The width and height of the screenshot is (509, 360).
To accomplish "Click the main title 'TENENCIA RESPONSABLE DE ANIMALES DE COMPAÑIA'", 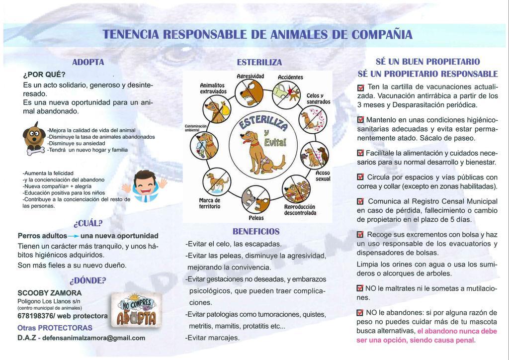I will pyautogui.click(x=257, y=35).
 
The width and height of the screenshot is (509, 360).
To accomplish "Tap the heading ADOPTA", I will pyautogui.click(x=88, y=63).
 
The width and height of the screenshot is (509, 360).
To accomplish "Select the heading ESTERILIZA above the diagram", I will pyautogui.click(x=259, y=63).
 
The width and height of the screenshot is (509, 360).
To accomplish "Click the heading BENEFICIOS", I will pyautogui.click(x=256, y=232).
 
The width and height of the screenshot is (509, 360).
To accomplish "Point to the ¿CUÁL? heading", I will pyautogui.click(x=87, y=223).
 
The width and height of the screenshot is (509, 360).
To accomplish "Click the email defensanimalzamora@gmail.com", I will pyautogui.click(x=94, y=338).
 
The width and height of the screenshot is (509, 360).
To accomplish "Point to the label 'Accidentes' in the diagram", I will pyautogui.click(x=290, y=78).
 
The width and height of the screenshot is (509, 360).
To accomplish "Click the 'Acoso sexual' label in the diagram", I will pyautogui.click(x=323, y=176).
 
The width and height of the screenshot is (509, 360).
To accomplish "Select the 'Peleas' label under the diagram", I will pyautogui.click(x=256, y=218).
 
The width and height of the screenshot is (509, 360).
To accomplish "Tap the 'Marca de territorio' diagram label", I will pyautogui.click(x=209, y=203).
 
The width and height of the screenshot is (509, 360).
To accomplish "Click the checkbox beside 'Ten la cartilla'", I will pyautogui.click(x=361, y=88).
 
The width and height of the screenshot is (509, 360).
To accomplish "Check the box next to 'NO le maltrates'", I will pyautogui.click(x=360, y=288).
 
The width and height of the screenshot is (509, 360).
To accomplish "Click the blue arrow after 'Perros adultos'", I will pyautogui.click(x=74, y=236).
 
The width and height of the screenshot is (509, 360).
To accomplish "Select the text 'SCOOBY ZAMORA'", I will pyautogui.click(x=49, y=293).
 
